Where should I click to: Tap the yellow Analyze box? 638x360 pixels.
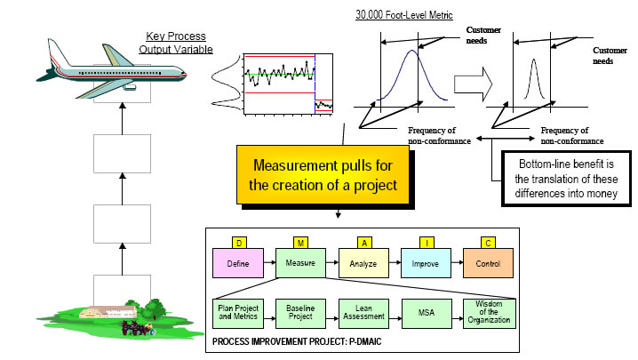tap(363, 263)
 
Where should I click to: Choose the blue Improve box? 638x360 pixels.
tap(426, 263)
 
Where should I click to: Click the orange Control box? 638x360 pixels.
tap(488, 263)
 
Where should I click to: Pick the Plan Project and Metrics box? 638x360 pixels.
tap(236, 314)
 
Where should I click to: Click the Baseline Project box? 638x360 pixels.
tap(300, 314)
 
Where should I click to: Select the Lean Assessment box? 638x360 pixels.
tap(363, 314)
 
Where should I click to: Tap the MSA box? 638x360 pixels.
tap(426, 314)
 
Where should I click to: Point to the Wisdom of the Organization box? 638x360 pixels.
tap(489, 314)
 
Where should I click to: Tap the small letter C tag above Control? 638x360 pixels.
tap(486, 241)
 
